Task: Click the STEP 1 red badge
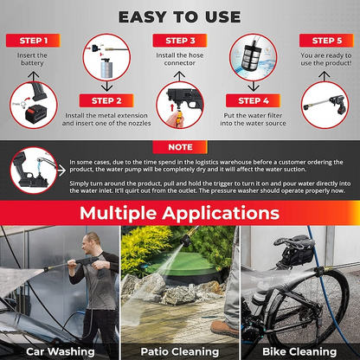pyautogui.click(x=33, y=41)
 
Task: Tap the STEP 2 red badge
pyautogui.click(x=106, y=100)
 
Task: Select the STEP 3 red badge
pyautogui.click(x=180, y=41)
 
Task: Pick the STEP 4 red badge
pyautogui.click(x=253, y=100)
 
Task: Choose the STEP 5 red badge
pyautogui.click(x=326, y=41)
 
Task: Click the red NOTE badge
pyautogui.click(x=180, y=147)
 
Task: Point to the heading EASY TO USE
pyautogui.click(x=180, y=16)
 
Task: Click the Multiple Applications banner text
pyautogui.click(x=180, y=213)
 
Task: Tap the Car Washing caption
pyautogui.click(x=61, y=351)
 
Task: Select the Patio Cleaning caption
pyautogui.click(x=180, y=351)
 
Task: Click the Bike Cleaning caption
pyautogui.click(x=299, y=351)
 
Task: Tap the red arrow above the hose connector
pyautogui.click(x=172, y=107)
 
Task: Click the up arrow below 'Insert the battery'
pyautogui.click(x=34, y=76)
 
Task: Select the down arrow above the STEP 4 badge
pyautogui.click(x=254, y=86)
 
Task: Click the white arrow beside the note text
pyautogui.click(x=61, y=170)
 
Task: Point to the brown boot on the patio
pyautogui.click(x=224, y=328)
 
